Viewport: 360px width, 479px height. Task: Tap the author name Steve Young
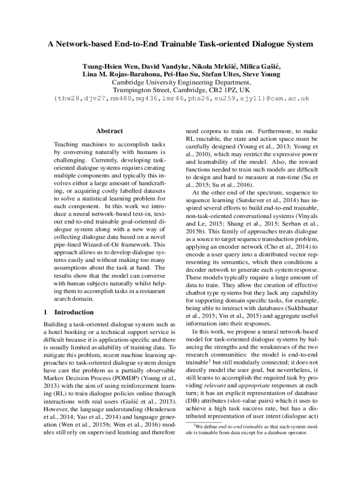pos(260,74)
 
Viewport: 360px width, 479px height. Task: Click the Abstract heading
pos(109,131)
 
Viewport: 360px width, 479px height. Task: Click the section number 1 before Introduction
pos(45,312)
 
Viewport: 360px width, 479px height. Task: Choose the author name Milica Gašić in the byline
pos(260,66)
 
